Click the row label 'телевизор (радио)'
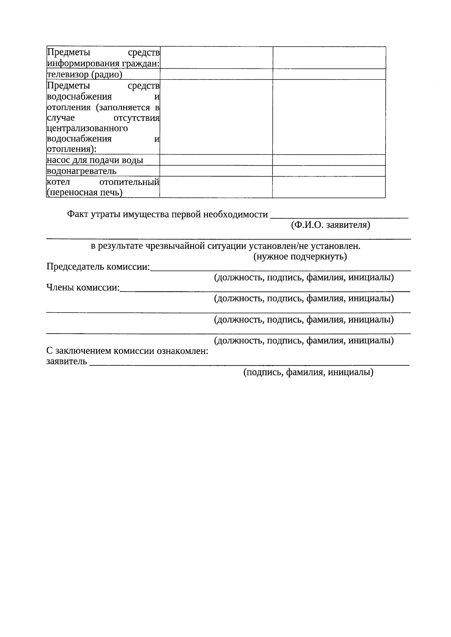click(85, 75)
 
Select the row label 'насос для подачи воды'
click(95, 160)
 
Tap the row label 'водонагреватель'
click(82, 171)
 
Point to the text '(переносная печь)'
click(85, 193)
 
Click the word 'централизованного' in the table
click(87, 128)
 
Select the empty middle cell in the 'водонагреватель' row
click(216, 171)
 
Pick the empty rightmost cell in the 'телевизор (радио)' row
click(329, 74)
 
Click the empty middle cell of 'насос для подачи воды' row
click(216, 160)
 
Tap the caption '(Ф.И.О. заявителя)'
click(330, 225)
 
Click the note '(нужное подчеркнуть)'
click(300, 257)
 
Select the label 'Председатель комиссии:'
click(98, 267)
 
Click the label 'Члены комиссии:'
click(83, 288)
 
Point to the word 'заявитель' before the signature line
click(67, 361)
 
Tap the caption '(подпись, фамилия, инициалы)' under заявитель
click(308, 372)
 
